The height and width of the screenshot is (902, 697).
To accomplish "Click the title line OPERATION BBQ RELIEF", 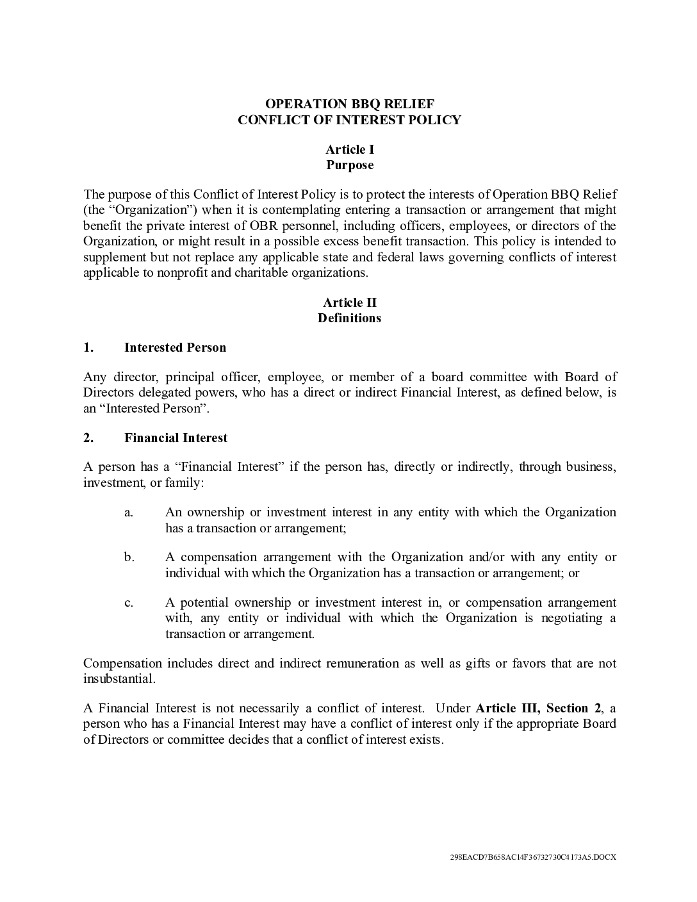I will pos(349,104).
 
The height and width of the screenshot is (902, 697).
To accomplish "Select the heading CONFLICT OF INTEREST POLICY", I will pos(349,120).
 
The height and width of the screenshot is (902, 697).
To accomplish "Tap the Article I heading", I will pos(349,149).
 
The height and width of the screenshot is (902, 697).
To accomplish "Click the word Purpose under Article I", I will pos(349,165).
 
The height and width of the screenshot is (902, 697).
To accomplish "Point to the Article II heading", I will pos(349,302).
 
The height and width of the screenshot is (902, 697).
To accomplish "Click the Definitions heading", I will pos(349,318).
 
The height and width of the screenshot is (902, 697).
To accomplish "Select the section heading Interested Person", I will pos(175,347).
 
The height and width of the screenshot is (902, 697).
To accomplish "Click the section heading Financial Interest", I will pos(176,438).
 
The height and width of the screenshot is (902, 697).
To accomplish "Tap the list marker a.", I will pos(129,512).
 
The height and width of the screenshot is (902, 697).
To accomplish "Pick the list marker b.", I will pos(129,557).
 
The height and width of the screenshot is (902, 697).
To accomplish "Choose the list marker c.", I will pos(129,603).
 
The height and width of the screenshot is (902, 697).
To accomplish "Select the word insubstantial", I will pos(119,678).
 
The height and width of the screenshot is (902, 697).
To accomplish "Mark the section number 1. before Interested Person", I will pos(88,347).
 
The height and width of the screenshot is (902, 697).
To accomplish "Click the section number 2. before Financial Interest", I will pos(88,438).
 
